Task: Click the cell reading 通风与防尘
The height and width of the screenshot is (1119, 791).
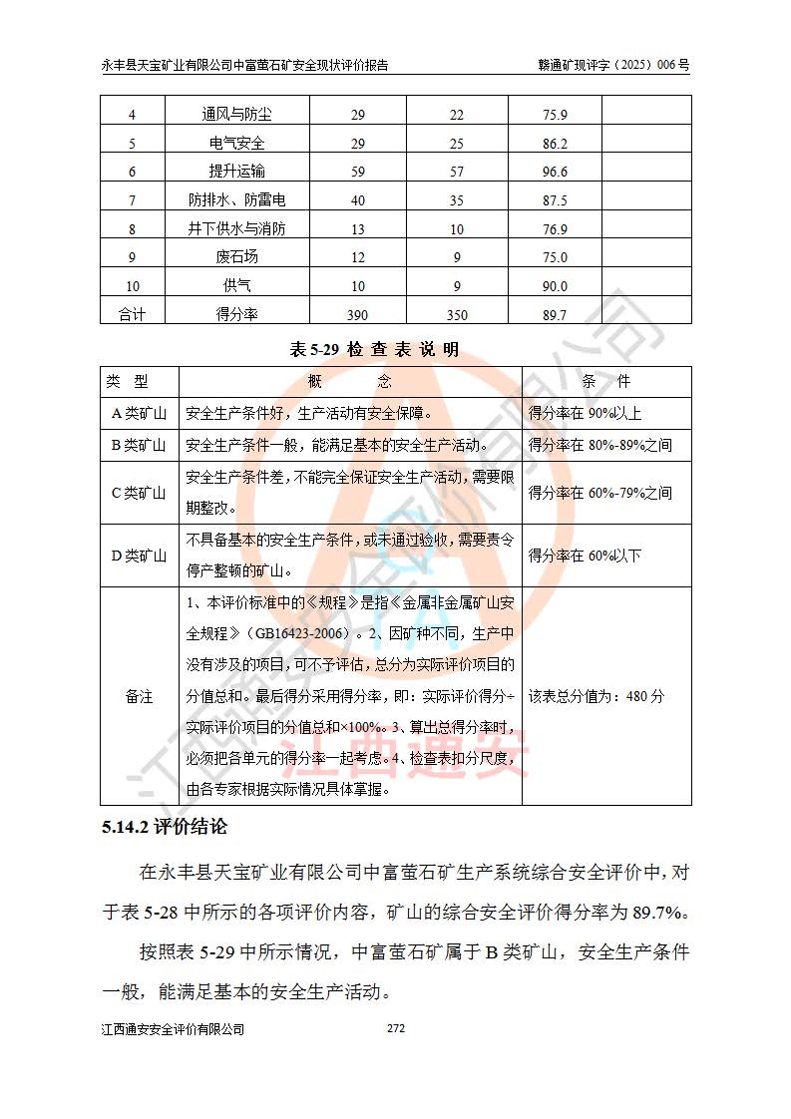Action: (x=236, y=115)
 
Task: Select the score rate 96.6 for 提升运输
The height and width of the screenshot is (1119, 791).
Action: (x=555, y=172)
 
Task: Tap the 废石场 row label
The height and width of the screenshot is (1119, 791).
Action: (x=236, y=257)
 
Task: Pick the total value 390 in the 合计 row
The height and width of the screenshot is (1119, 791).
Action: (x=357, y=315)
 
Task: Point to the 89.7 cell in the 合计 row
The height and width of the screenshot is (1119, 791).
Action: (x=555, y=315)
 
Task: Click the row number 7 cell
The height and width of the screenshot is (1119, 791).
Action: (x=132, y=200)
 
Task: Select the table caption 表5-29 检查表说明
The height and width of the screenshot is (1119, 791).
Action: (x=374, y=349)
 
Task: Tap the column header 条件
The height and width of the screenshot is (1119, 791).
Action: (x=605, y=382)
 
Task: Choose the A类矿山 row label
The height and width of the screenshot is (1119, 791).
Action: (x=139, y=413)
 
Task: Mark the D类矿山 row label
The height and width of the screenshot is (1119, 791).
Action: (x=139, y=556)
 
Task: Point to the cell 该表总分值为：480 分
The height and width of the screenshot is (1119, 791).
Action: (x=595, y=696)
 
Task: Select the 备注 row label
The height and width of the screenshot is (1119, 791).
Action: (x=139, y=696)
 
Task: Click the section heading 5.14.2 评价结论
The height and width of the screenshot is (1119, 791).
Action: (x=165, y=828)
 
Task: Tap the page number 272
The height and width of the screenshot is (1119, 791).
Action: (x=395, y=1027)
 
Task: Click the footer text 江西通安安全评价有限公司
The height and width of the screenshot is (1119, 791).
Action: (x=173, y=1029)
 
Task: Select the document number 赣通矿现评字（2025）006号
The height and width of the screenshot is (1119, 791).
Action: (x=613, y=64)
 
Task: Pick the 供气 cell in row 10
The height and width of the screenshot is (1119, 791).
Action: (x=236, y=286)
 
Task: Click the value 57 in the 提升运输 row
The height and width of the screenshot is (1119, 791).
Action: (x=457, y=172)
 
